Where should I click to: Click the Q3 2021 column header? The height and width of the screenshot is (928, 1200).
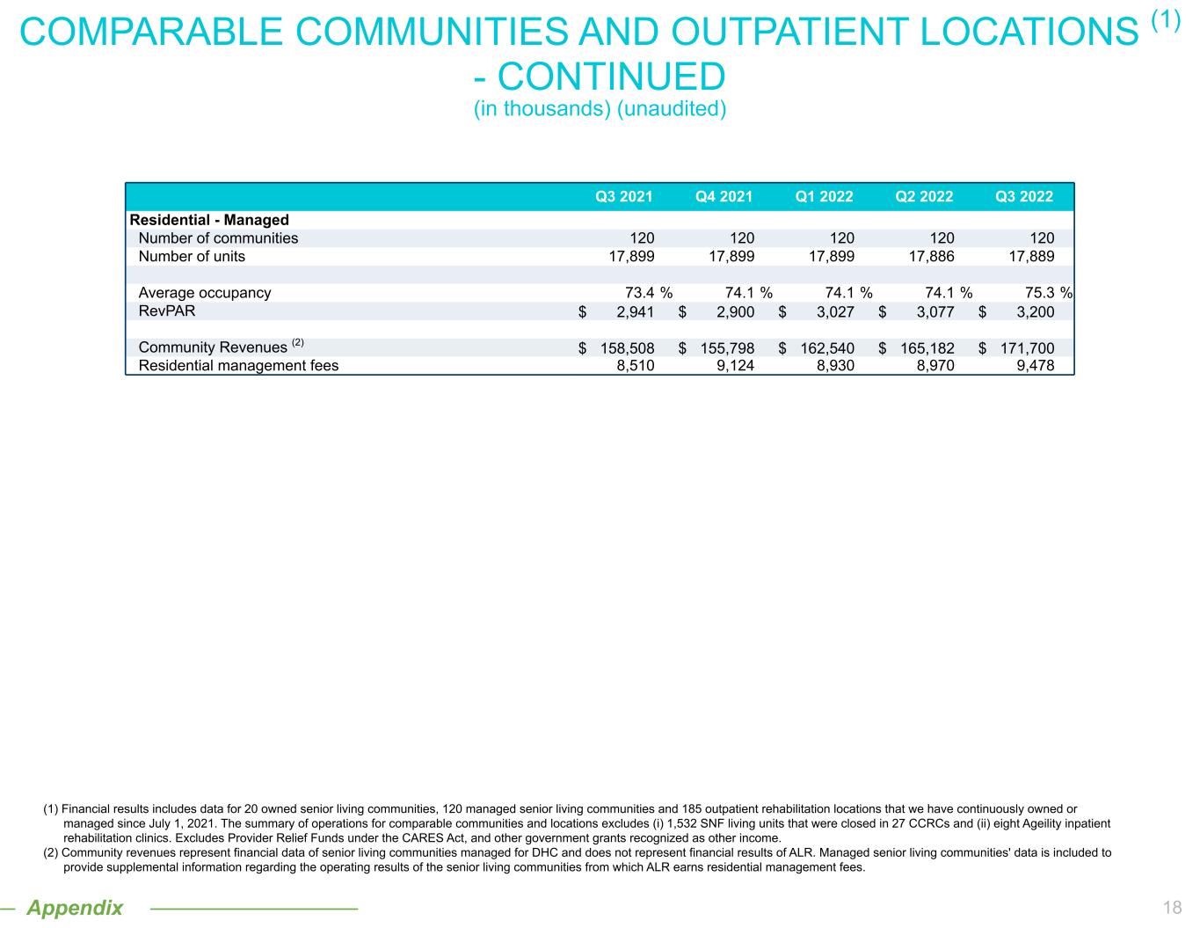click(624, 196)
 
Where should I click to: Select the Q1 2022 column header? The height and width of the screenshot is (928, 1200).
click(824, 196)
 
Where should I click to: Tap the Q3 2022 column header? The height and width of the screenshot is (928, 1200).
click(1023, 196)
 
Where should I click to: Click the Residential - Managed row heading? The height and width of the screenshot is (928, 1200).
click(209, 220)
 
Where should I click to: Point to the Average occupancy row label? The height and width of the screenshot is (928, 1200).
click(205, 293)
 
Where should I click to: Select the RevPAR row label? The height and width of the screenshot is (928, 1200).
click(167, 311)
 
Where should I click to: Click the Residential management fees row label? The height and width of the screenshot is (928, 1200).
click(238, 365)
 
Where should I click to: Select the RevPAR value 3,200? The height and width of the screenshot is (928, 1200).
click(1029, 311)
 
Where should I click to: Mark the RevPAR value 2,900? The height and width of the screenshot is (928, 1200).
click(730, 311)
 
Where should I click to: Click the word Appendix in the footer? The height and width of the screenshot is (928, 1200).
click(75, 908)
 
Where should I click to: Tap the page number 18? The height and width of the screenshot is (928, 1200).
click(1171, 909)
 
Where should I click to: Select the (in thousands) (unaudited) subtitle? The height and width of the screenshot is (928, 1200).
click(600, 109)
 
